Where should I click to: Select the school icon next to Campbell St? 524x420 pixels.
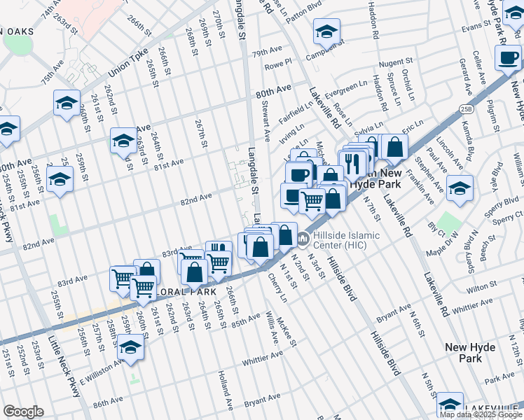[x=326, y=32]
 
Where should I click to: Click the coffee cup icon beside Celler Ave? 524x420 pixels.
[x=506, y=58]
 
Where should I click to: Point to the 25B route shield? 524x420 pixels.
[x=467, y=108]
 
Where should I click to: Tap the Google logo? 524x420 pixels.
[x=23, y=412]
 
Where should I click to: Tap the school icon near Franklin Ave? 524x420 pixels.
[x=460, y=188]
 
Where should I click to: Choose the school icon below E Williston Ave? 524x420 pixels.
[x=130, y=347]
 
